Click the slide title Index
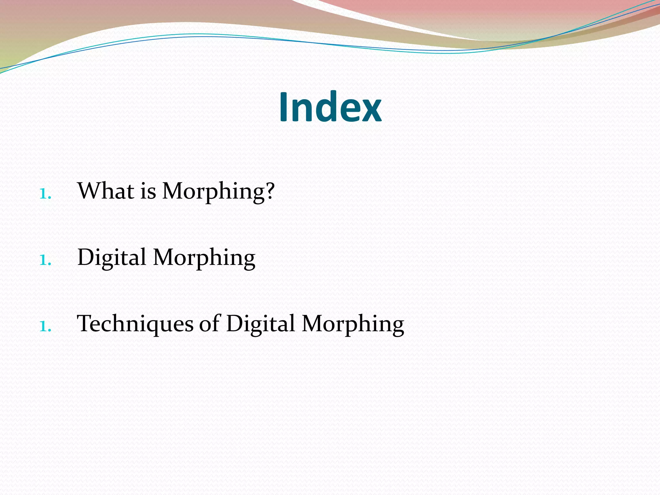(330, 107)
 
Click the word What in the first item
(106, 191)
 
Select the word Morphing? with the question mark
(218, 191)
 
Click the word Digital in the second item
(112, 258)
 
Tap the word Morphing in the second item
(204, 258)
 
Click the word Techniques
(135, 324)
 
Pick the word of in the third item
(209, 324)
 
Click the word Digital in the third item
(260, 324)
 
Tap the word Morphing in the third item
(353, 324)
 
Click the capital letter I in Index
(283, 107)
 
